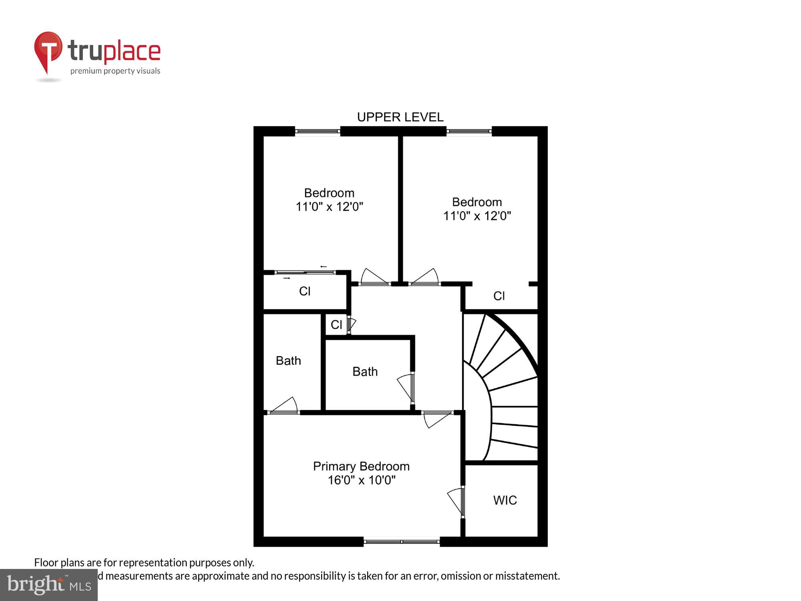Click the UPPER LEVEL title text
click(x=400, y=117)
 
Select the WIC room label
click(x=505, y=500)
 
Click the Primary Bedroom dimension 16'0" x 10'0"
click(x=361, y=480)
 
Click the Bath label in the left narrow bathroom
click(x=288, y=361)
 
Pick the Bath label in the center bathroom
click(x=365, y=371)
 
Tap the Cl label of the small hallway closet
click(x=336, y=325)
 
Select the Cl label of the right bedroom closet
click(x=499, y=296)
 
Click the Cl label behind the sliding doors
click(x=304, y=291)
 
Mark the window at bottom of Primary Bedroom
click(x=401, y=542)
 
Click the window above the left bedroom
click(x=318, y=131)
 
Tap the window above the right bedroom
click(x=469, y=131)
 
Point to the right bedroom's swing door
click(x=425, y=278)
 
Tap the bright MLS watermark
click(x=48, y=585)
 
